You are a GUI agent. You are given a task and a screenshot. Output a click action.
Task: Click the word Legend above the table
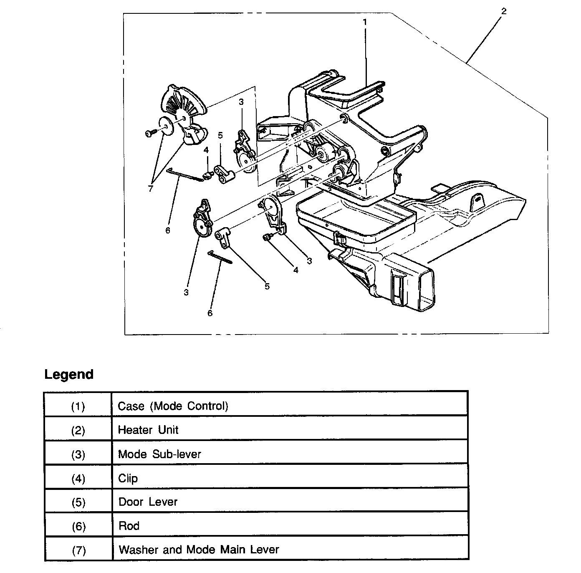pos(69,374)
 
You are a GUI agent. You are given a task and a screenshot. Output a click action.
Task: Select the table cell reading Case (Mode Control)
pos(173,406)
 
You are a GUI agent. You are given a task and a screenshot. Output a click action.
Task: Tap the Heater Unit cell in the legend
pos(148,430)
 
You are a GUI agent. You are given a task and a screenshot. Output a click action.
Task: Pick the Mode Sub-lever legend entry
pos(159,454)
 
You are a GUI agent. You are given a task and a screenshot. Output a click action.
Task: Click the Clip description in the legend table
pos(128,478)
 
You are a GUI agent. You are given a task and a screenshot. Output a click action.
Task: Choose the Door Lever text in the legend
pos(148,502)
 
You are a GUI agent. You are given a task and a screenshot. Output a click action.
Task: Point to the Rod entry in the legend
pos(129,526)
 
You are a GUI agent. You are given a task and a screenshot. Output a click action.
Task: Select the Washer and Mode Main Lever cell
pos(199,550)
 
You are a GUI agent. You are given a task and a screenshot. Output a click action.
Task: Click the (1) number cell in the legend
pos(78,406)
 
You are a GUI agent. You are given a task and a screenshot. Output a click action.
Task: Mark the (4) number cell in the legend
pos(78,479)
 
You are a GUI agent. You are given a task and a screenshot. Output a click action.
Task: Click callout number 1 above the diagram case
pos(364,21)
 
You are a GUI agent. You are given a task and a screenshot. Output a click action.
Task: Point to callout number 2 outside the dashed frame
pos(504,11)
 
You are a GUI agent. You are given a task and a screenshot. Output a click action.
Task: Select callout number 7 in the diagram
pos(150,188)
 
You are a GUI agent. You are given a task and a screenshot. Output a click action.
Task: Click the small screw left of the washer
pos(150,133)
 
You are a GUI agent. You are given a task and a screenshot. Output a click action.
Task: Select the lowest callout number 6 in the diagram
pos(210,313)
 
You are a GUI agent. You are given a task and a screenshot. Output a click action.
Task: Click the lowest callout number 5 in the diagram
pos(267,286)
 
